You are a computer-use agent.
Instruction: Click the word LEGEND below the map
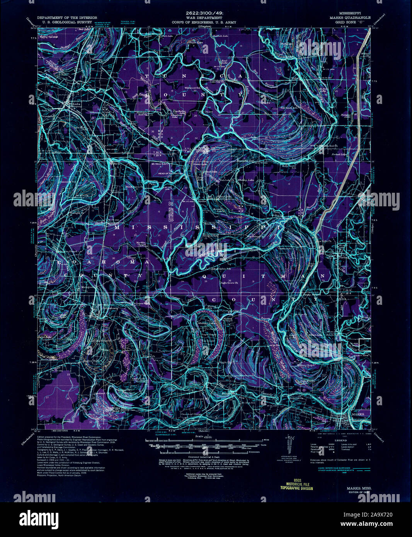click(340, 440)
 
